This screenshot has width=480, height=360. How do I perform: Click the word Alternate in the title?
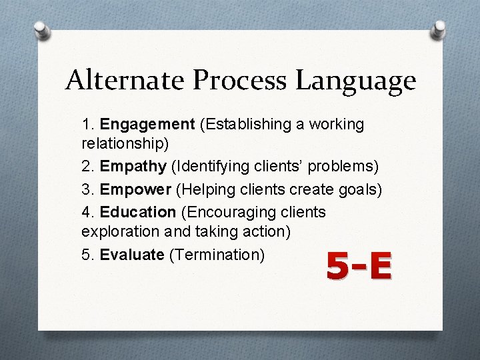tap(125, 81)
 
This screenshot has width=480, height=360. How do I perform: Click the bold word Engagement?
tap(147, 125)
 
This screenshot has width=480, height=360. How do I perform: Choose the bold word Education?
tap(137, 212)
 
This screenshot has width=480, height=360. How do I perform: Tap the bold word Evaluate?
tap(132, 254)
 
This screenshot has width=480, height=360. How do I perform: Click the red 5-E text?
tap(359, 267)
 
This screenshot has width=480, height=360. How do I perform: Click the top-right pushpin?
tap(439, 29)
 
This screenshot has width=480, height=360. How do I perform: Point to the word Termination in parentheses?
tap(217, 254)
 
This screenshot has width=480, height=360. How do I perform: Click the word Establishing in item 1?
tap(244, 125)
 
